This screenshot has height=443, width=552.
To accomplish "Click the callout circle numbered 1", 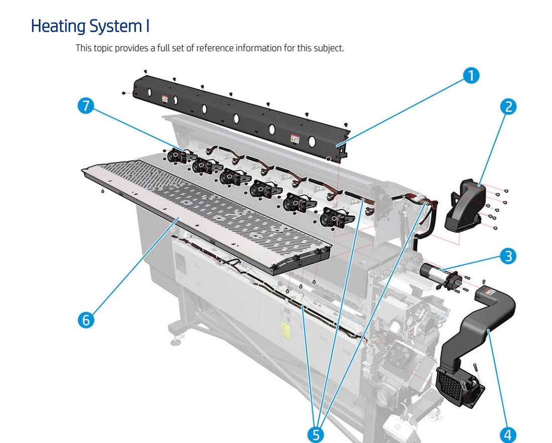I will (471, 76).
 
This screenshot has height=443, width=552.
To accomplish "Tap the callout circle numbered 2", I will (508, 106).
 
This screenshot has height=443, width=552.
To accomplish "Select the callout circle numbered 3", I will (508, 256).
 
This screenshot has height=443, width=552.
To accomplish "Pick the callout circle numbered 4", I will (508, 434).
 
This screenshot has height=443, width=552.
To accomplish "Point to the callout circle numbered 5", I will (315, 434).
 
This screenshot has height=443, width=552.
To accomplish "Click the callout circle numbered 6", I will (86, 320).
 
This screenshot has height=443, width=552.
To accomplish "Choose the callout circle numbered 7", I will (86, 106).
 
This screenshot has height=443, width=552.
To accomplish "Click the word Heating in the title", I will (58, 26).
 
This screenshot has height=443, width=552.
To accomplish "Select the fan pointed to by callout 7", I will (177, 156).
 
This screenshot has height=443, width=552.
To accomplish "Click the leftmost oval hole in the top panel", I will (150, 93).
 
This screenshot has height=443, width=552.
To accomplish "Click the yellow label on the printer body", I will (285, 330).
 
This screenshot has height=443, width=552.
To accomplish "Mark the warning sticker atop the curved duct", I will (489, 291).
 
